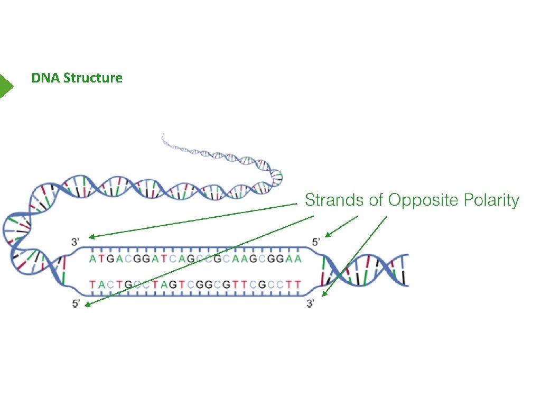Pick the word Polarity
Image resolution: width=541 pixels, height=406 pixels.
(x=491, y=201)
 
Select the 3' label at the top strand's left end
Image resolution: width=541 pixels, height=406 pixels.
(x=76, y=243)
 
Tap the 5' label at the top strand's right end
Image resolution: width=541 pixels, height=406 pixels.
(x=316, y=242)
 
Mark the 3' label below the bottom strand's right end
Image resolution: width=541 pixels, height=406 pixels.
(x=312, y=305)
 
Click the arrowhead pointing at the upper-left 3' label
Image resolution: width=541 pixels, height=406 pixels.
(x=91, y=237)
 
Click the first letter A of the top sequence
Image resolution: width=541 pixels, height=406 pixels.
(x=93, y=259)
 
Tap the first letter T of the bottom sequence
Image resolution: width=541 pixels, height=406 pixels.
(x=93, y=285)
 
